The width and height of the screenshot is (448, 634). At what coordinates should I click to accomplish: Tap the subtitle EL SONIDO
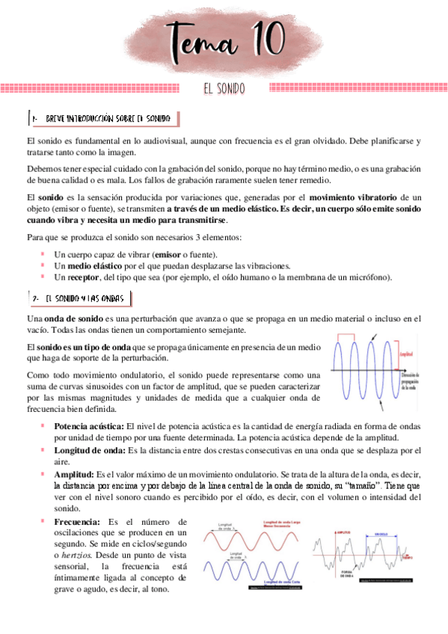coord(224,89)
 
